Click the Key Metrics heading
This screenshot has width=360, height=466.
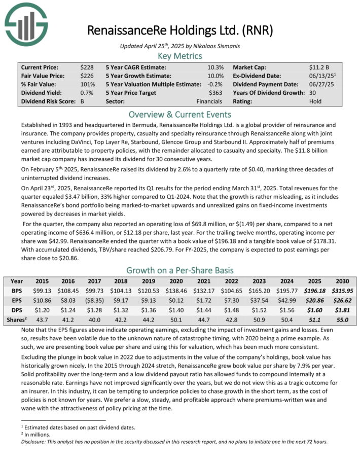pos(180,56)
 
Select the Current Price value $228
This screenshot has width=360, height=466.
pos(86,67)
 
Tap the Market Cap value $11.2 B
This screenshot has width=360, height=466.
pos(319,67)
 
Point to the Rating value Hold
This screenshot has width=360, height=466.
pos(315,101)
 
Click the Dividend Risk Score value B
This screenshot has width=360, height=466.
pos(82,101)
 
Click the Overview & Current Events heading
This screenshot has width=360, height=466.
pos(180,114)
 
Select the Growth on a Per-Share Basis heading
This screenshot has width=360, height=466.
pos(180,270)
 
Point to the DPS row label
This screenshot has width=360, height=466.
pos(17,308)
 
